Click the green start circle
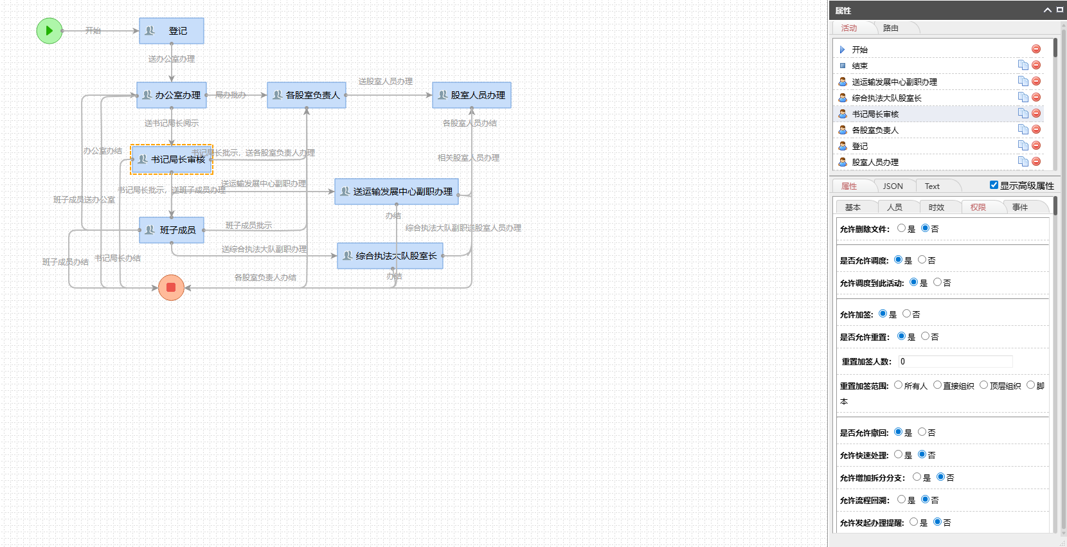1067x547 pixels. [49, 31]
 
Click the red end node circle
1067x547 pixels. [171, 287]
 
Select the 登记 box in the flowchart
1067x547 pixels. [172, 31]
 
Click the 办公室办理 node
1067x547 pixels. [172, 95]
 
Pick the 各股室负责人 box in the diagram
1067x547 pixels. [307, 95]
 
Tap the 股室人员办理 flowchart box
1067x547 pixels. [472, 95]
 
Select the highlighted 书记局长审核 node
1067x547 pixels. [172, 159]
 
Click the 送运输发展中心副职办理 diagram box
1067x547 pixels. [397, 192]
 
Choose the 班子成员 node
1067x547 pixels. [172, 230]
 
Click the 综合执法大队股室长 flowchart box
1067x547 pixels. [390, 256]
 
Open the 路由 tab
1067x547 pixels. [891, 28]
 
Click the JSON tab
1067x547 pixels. [893, 186]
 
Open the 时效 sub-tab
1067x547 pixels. [937, 208]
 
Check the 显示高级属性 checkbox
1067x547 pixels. [994, 185]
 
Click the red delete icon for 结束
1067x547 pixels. [1036, 65]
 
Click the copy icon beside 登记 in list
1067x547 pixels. [1023, 146]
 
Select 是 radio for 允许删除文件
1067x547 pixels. [901, 228]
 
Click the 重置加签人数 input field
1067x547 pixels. [955, 362]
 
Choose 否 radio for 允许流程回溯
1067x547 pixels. [925, 499]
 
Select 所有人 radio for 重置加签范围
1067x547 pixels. [898, 385]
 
